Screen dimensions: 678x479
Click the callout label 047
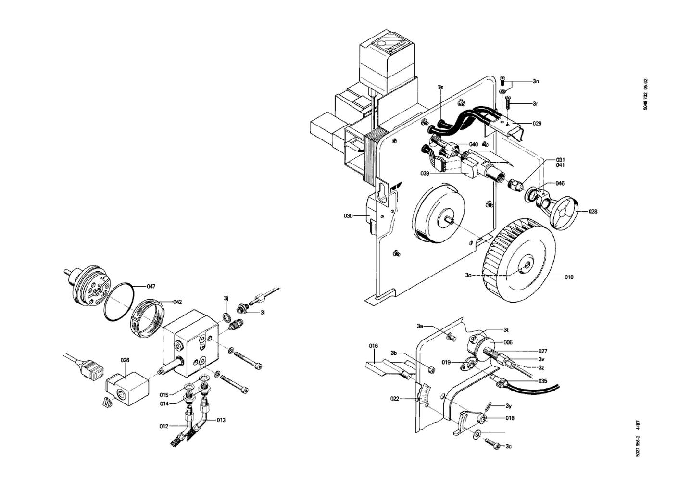pyautogui.click(x=151, y=287)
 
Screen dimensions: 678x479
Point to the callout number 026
pyautogui.click(x=125, y=360)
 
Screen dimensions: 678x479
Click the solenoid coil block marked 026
pyautogui.click(x=127, y=389)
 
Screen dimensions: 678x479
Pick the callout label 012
pyautogui.click(x=164, y=426)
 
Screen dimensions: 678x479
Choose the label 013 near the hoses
pyautogui.click(x=221, y=420)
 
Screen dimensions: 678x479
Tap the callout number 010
pyautogui.click(x=569, y=277)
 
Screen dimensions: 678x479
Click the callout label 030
pyautogui.click(x=348, y=216)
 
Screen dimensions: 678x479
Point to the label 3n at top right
pyautogui.click(x=536, y=81)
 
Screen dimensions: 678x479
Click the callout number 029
pyautogui.click(x=537, y=123)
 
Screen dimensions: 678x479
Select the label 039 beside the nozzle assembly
pyautogui.click(x=425, y=174)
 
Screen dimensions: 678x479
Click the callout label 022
pyautogui.click(x=395, y=399)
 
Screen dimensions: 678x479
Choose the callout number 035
pyautogui.click(x=543, y=381)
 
